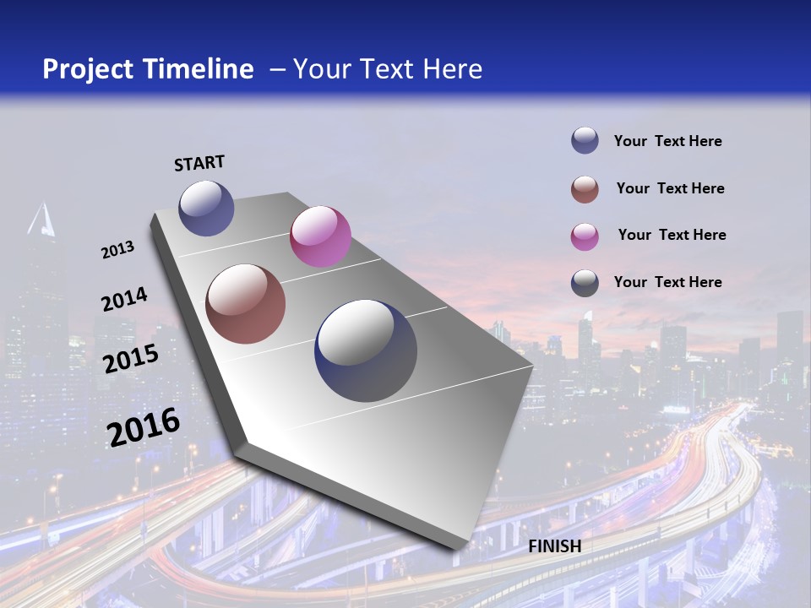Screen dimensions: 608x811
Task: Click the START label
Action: click(x=199, y=163)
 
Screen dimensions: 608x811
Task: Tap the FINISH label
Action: click(x=555, y=546)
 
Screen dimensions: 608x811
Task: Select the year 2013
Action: click(x=117, y=250)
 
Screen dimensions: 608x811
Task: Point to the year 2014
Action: click(x=124, y=300)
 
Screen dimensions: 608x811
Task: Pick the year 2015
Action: click(x=131, y=359)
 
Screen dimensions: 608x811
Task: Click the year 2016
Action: click(x=144, y=427)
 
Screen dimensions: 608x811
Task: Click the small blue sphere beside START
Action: click(x=206, y=208)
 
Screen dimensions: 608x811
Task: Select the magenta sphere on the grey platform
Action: click(x=320, y=236)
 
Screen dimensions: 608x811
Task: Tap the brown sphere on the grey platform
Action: click(x=246, y=304)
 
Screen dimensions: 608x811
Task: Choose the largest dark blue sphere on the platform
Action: click(x=366, y=350)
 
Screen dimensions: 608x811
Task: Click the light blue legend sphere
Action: click(x=585, y=141)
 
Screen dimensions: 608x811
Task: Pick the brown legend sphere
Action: click(x=585, y=188)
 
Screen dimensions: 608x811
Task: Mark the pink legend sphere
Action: click(x=585, y=236)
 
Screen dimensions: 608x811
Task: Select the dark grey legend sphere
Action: click(x=585, y=282)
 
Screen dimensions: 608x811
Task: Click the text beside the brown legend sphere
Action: click(x=670, y=188)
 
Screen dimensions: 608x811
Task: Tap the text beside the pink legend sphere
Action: click(x=672, y=235)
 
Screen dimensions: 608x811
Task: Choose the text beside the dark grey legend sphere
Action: click(x=667, y=282)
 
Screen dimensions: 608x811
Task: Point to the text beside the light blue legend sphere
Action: click(x=667, y=141)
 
